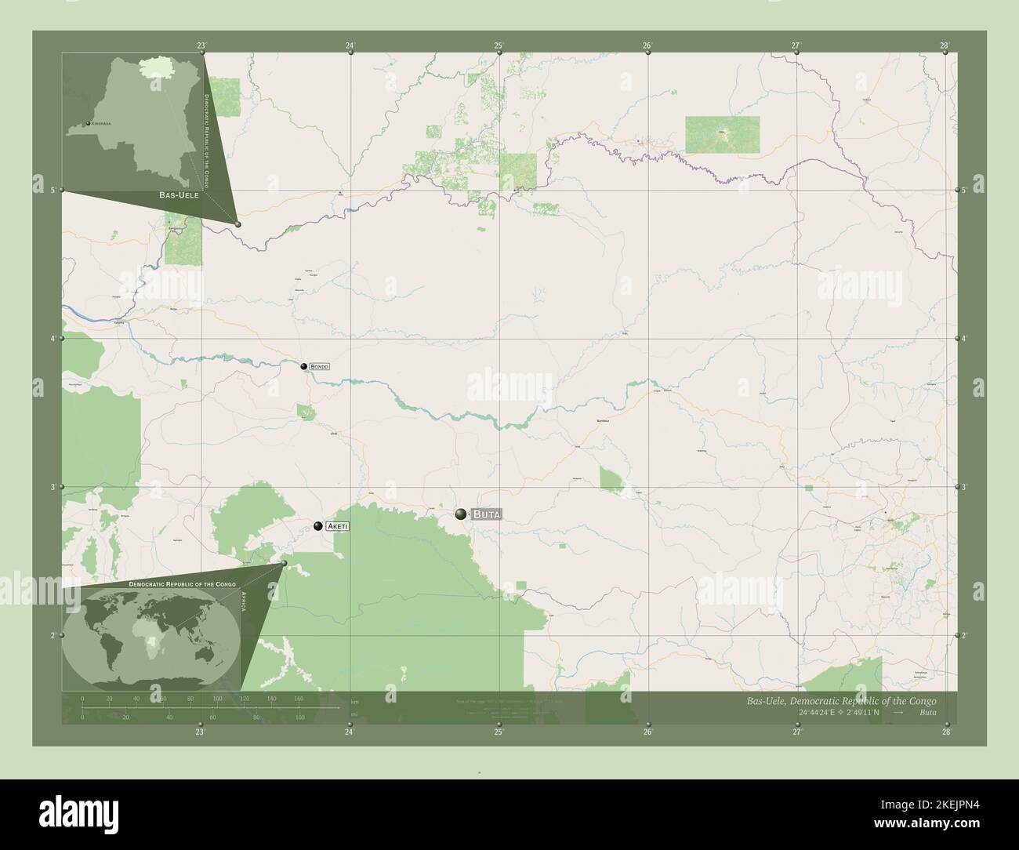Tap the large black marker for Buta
click(461, 514)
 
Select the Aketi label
click(337, 527)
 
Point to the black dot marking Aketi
click(317, 526)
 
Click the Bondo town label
click(319, 366)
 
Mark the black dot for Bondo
click(303, 365)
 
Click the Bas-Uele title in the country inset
click(178, 194)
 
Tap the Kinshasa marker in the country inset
click(88, 124)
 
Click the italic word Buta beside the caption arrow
click(927, 713)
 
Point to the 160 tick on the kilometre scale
click(299, 698)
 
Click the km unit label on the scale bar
click(354, 702)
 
